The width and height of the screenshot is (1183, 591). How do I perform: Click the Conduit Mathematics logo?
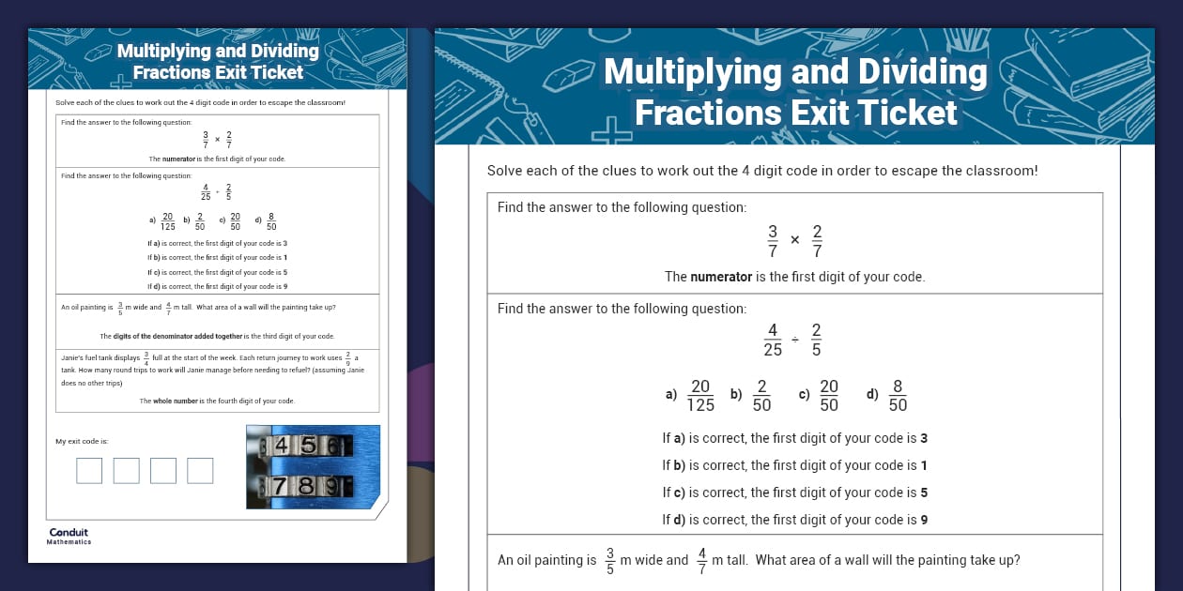pos(69,536)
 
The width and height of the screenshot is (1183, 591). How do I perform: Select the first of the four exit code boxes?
pos(89,470)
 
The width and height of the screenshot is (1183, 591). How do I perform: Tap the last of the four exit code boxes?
pos(200,470)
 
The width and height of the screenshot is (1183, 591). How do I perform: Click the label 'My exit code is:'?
pos(82,441)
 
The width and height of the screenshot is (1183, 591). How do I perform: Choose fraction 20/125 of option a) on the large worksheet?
pos(700,395)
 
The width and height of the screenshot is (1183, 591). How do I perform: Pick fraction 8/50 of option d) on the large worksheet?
pos(898,395)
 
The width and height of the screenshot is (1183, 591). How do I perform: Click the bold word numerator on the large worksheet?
pos(721,277)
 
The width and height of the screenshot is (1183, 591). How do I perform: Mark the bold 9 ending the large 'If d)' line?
pos(925,520)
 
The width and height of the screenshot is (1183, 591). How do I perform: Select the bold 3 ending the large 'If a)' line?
pos(924,438)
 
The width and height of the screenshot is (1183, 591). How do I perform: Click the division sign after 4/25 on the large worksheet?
pos(794,340)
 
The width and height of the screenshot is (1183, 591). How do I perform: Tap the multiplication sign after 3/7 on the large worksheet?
pos(794,240)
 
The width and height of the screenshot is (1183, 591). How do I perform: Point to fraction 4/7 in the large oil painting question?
pos(700,560)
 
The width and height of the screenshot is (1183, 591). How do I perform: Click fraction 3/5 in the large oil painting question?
pos(610,560)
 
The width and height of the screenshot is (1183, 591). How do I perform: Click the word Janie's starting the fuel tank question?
pos(73,357)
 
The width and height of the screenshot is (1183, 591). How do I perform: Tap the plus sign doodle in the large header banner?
pos(612,131)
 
